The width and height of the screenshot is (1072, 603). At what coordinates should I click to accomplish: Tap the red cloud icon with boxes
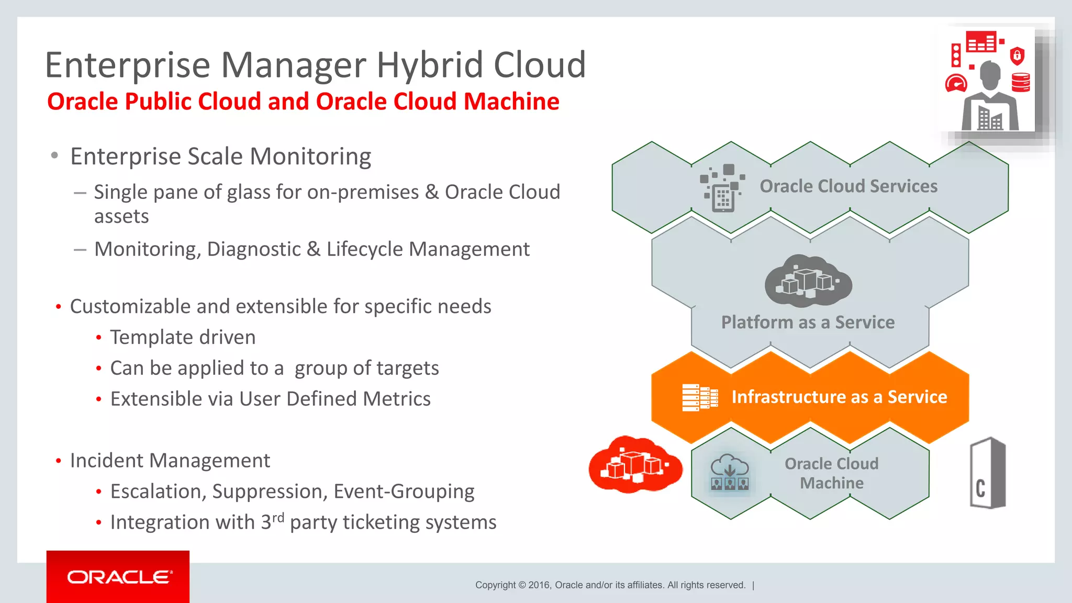click(635, 464)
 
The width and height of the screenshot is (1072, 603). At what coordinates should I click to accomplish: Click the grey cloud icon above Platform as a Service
click(808, 281)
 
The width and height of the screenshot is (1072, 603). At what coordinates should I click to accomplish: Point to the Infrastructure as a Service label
click(839, 397)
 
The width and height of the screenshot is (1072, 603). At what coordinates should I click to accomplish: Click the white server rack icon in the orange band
click(699, 398)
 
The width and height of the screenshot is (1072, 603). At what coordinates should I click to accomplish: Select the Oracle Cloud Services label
click(848, 186)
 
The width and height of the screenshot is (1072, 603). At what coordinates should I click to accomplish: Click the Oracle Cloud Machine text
click(831, 473)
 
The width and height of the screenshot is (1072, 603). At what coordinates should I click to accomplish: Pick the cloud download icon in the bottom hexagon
click(730, 472)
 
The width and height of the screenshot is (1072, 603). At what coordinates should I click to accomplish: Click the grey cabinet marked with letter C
click(987, 473)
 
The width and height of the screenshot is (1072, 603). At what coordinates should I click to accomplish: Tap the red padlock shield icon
click(1017, 55)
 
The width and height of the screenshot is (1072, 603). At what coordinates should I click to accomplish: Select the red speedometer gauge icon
click(956, 84)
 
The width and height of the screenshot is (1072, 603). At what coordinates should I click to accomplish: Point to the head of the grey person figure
click(990, 74)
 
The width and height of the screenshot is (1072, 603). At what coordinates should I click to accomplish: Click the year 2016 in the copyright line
click(539, 585)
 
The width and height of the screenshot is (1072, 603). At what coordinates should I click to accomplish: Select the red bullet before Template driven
click(98, 338)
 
